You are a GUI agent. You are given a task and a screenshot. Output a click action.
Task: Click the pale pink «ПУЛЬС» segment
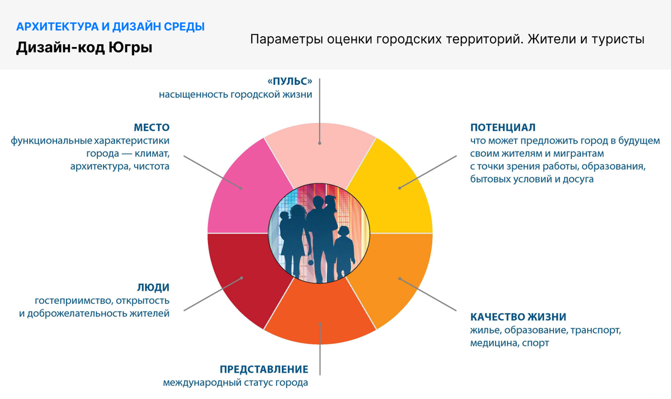click(x=320, y=151)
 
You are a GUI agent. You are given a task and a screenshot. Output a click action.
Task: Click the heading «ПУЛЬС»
click(x=290, y=81)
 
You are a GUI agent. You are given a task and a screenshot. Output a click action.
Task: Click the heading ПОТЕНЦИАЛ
click(x=503, y=127)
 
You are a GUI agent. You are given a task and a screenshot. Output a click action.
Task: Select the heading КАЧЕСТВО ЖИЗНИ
click(x=518, y=317)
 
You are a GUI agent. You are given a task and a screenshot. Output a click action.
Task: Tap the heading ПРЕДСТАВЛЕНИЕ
click(x=264, y=369)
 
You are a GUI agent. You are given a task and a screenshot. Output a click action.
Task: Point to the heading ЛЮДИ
click(x=153, y=287)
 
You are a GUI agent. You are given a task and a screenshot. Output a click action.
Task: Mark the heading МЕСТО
click(x=151, y=127)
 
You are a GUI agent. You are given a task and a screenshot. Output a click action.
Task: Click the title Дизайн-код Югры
click(x=84, y=47)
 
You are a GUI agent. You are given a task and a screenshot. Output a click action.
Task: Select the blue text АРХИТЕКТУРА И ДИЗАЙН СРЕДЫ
click(x=110, y=26)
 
